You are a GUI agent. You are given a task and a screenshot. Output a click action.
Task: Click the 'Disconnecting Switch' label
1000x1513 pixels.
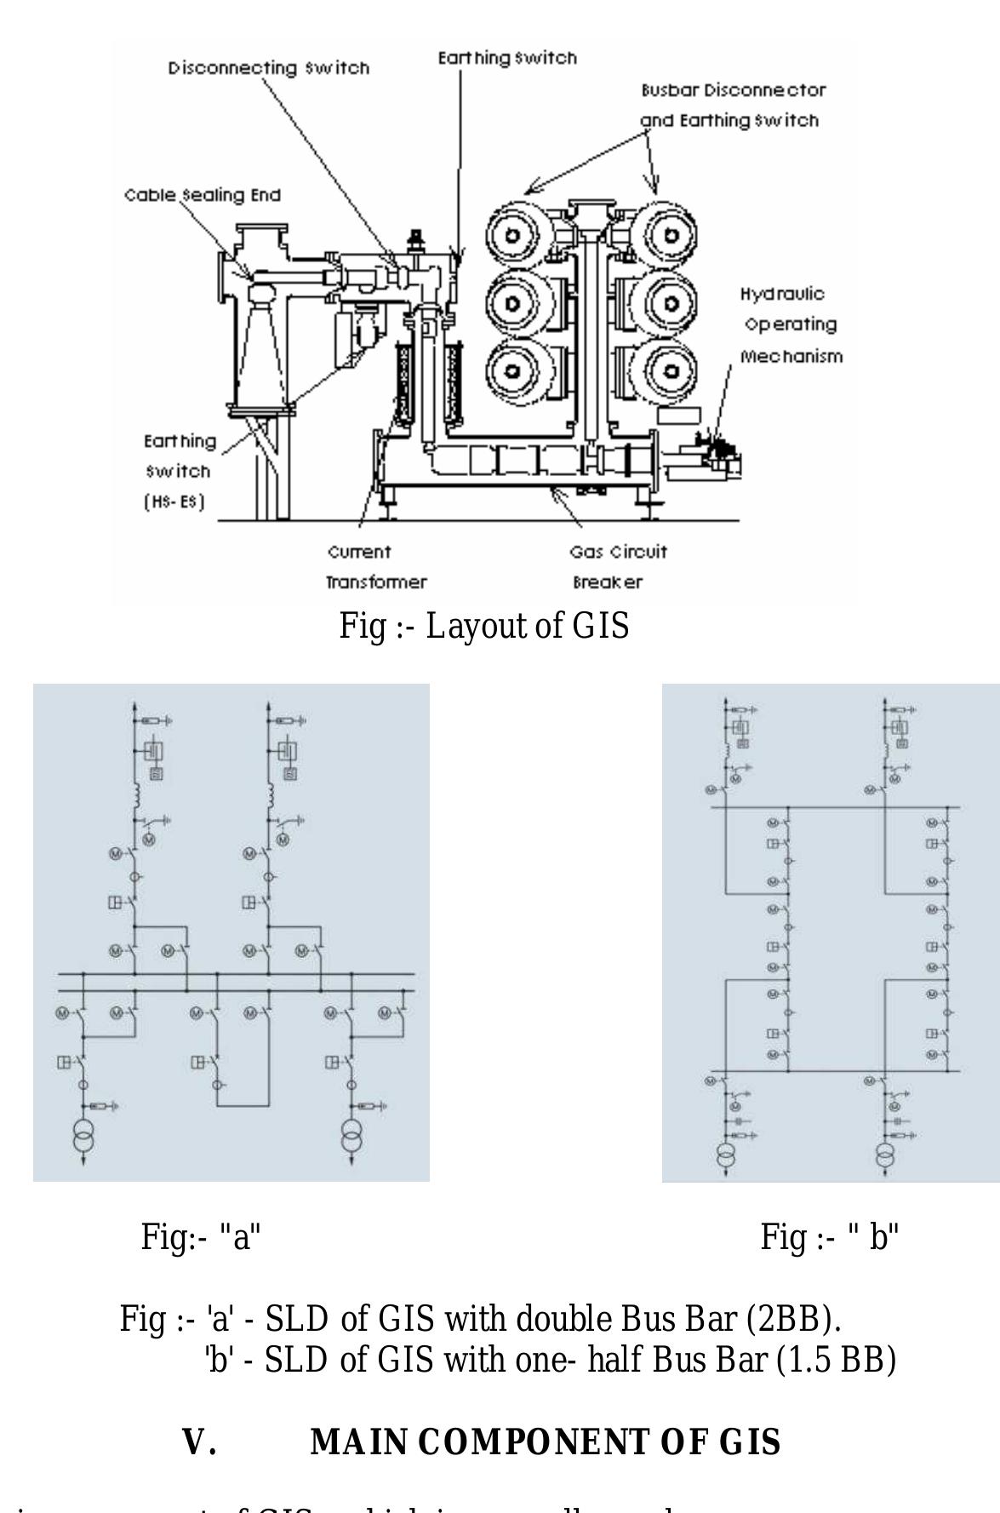[268, 68]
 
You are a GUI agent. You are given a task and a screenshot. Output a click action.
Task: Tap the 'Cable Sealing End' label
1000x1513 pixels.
[203, 195]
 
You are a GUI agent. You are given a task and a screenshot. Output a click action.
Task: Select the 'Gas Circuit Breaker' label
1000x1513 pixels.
[618, 567]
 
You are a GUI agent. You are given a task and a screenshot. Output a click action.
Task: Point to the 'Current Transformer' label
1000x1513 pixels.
[376, 567]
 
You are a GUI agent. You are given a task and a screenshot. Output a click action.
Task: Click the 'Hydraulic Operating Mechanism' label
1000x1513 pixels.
[791, 325]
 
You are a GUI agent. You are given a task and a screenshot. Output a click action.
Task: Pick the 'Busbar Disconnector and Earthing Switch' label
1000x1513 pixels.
[733, 105]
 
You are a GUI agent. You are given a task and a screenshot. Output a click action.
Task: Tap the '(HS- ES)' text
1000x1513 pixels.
[174, 502]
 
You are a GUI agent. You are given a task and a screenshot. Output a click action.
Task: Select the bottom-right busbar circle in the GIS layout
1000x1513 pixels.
[671, 370]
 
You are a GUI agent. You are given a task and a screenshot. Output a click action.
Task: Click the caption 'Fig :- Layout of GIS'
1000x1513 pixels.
[483, 626]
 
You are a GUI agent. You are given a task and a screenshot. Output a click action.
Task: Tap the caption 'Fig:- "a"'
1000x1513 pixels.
[200, 1235]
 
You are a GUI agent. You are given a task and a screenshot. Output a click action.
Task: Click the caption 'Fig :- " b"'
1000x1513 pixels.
[830, 1235]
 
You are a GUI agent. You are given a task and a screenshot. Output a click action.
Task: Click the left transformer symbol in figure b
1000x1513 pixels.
[725, 1155]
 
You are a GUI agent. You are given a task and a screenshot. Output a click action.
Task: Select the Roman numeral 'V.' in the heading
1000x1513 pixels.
[199, 1442]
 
